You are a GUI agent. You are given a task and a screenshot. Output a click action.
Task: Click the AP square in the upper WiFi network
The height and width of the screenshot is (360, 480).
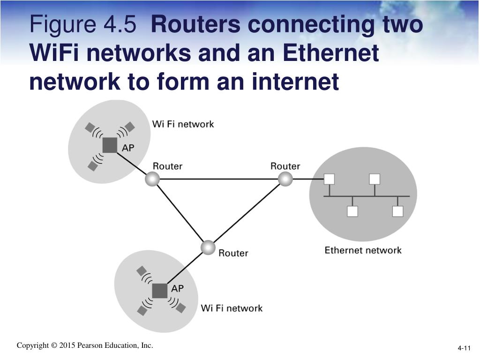tap(110, 145)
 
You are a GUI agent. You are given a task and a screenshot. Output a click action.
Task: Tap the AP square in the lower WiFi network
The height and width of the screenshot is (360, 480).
tap(160, 291)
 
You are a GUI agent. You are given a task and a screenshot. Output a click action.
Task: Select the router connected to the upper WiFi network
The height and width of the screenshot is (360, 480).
tap(152, 179)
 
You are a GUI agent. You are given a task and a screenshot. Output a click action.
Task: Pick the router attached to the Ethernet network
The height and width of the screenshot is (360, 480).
tap(285, 179)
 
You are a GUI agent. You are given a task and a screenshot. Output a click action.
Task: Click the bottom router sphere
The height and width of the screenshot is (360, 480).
tap(208, 247)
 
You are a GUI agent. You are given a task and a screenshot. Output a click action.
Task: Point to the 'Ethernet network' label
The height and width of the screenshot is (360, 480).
tap(363, 250)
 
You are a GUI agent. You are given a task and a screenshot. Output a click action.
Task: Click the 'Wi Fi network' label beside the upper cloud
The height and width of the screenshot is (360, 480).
tap(183, 124)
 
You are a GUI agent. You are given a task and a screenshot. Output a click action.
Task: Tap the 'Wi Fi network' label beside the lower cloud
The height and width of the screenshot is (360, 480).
tap(232, 308)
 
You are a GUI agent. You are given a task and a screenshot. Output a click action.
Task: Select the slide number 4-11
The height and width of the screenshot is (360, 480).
tap(464, 348)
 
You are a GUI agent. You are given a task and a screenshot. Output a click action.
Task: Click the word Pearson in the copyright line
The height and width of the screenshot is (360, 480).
tap(91, 345)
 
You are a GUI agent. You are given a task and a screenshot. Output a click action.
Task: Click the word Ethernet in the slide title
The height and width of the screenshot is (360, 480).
tap(329, 53)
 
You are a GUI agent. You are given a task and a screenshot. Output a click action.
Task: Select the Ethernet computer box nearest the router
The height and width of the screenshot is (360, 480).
tap(329, 179)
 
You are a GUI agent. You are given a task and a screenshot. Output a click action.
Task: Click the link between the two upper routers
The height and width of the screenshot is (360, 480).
tap(218, 179)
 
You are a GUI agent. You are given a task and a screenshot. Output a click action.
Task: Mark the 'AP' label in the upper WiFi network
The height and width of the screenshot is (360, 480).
tap(128, 148)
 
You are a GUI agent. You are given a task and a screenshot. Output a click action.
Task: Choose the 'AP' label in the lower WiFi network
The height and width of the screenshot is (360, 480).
tap(178, 288)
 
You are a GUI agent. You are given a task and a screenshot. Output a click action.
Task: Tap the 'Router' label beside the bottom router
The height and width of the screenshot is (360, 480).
tap(233, 253)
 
